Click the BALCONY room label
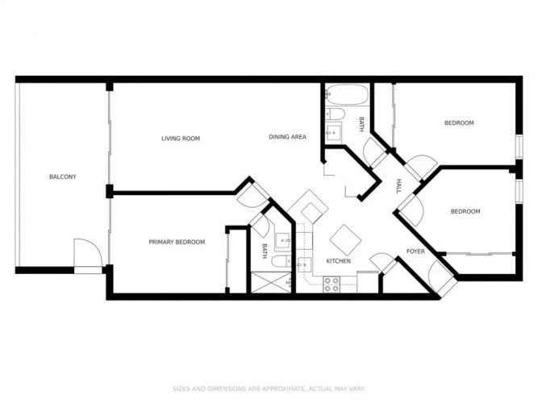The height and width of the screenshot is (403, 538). (x=63, y=177)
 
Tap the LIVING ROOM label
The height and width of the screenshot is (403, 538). (x=181, y=139)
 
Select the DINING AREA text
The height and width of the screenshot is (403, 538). (x=287, y=137)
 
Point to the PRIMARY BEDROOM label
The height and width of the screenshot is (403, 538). (x=177, y=242)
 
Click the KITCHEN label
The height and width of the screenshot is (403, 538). (x=338, y=261)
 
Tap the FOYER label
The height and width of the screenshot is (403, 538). (x=415, y=251)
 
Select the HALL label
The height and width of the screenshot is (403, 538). (x=398, y=186)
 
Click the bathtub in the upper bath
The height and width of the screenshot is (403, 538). (x=347, y=94)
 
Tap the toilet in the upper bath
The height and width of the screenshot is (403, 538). (x=335, y=114)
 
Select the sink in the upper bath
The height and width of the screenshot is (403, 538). (x=333, y=131)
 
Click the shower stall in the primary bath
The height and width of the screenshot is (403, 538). (x=271, y=283)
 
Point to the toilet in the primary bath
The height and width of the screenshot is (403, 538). (x=282, y=261)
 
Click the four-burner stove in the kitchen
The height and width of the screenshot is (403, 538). (x=332, y=285)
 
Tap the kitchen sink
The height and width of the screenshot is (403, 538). (x=304, y=265)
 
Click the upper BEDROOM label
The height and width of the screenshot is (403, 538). (x=459, y=123)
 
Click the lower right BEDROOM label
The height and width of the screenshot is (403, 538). (x=465, y=212)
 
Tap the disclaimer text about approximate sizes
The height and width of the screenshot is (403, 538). (x=269, y=389)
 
